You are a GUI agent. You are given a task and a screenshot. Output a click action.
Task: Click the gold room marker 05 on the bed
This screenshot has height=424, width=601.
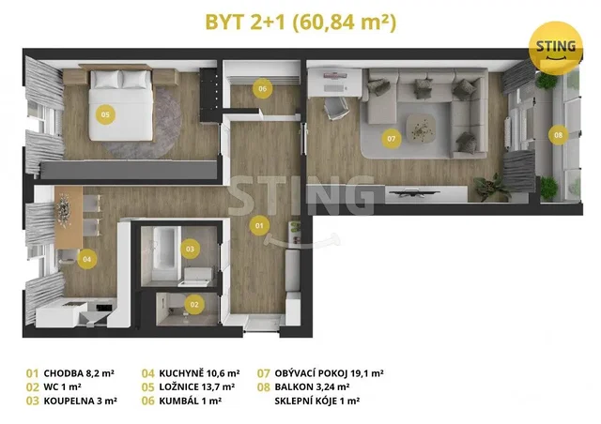105,114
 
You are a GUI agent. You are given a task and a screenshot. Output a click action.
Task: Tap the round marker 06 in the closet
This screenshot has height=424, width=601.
263,89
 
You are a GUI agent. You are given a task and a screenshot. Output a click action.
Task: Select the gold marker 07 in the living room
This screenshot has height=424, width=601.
391,139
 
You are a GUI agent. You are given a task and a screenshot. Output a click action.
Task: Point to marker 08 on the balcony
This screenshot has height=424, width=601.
558,135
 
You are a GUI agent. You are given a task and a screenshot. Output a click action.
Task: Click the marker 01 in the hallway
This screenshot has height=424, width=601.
259,225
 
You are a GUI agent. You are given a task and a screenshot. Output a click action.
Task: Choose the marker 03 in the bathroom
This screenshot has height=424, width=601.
190,249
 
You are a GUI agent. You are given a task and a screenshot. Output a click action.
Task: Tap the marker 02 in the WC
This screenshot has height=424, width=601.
194,305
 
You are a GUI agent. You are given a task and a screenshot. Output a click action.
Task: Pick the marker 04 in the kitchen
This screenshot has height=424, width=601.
87,259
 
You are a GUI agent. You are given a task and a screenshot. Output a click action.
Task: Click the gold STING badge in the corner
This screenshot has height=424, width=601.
555,48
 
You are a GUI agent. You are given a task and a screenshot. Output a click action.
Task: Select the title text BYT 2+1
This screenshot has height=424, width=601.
245,23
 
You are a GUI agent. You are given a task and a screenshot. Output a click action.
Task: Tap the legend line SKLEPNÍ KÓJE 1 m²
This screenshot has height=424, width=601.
317,401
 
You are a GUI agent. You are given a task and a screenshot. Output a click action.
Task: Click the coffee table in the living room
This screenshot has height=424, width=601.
421,129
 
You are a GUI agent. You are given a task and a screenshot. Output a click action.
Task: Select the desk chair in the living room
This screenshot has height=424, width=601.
336,109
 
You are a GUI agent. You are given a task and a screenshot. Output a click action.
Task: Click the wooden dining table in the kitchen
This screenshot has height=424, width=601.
69,218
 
